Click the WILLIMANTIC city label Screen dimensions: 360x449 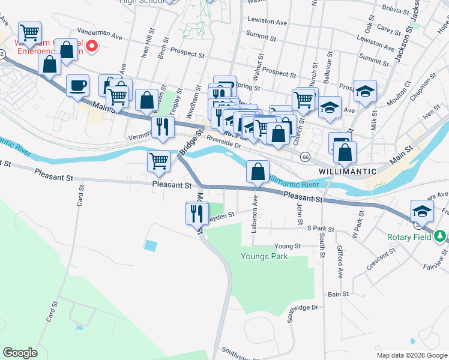click(x=348, y=171)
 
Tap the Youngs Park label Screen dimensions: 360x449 click(x=264, y=257)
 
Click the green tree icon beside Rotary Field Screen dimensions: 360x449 click(x=441, y=236)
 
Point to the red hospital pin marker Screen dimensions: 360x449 click(x=92, y=46)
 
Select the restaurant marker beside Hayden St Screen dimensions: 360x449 click(x=197, y=213)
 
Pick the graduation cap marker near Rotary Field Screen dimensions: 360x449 click(x=422, y=211)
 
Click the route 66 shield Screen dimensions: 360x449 click(x=306, y=157)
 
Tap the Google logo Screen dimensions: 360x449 click(x=20, y=353)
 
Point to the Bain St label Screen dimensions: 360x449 click(x=338, y=294)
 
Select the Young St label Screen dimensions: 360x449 click(x=287, y=246)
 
